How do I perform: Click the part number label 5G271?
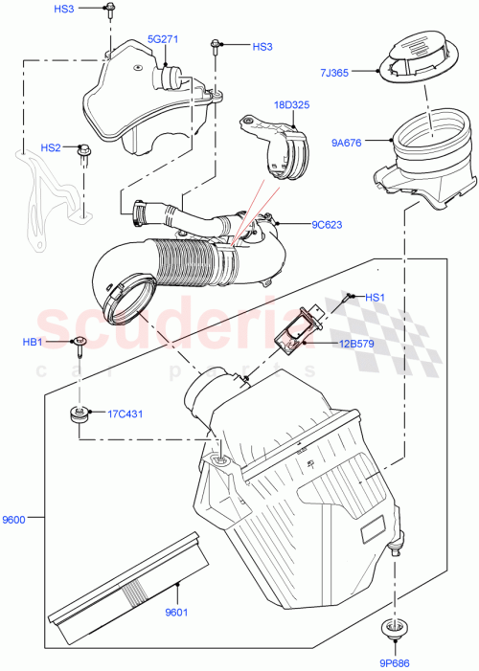164,39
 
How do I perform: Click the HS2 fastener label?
51,147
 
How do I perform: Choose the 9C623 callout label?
327,226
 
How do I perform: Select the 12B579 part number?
354,344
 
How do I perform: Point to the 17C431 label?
125,414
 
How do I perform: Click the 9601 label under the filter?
177,613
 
